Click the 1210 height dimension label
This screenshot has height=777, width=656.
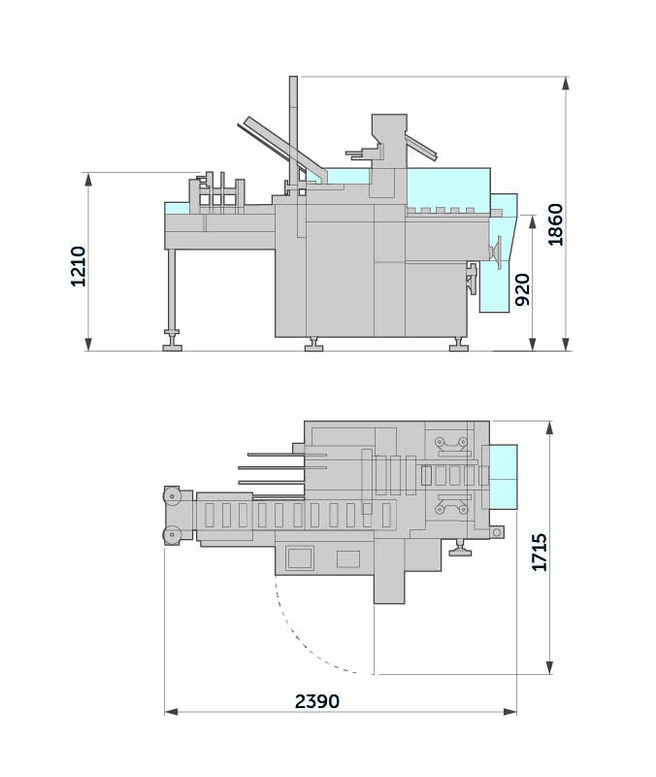click(x=79, y=266)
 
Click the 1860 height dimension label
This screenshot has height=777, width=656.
click(x=555, y=224)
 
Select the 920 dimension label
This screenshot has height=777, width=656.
click(x=523, y=289)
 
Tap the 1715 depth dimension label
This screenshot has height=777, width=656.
click(x=540, y=552)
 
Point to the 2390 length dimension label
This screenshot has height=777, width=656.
click(x=317, y=701)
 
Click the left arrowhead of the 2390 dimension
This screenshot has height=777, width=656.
click(x=172, y=712)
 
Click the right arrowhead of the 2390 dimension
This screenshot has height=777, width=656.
click(x=509, y=712)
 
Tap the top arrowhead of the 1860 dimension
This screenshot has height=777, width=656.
click(x=566, y=84)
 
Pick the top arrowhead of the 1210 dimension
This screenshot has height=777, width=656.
click(x=88, y=180)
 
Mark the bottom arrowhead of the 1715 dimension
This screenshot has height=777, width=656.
click(x=549, y=667)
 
